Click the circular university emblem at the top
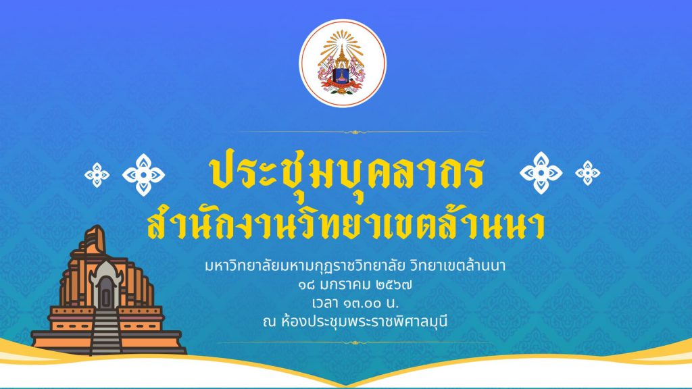coord(343,63)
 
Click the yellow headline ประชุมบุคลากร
coord(347,172)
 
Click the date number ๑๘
coord(306,286)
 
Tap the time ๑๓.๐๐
coord(360,303)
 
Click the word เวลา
coord(324,303)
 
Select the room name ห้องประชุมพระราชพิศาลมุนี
coord(364,321)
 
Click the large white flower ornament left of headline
coord(143,175)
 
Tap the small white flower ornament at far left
coord(97,175)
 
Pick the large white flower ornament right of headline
coord(541,173)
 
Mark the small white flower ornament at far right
coord(588,173)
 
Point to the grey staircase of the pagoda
coord(105,332)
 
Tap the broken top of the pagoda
coord(94,240)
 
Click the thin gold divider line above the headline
coord(355,132)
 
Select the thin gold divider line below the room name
coord(355,342)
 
